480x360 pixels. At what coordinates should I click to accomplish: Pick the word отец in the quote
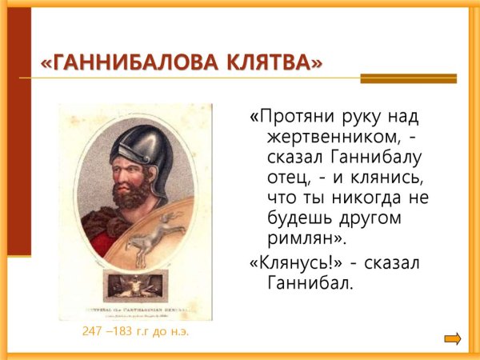pos(287,177)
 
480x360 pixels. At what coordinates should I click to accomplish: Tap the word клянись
pos(386,177)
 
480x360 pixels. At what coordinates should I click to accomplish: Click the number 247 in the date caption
pos(94,331)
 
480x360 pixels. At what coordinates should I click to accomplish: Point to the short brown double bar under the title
pos(408,78)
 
